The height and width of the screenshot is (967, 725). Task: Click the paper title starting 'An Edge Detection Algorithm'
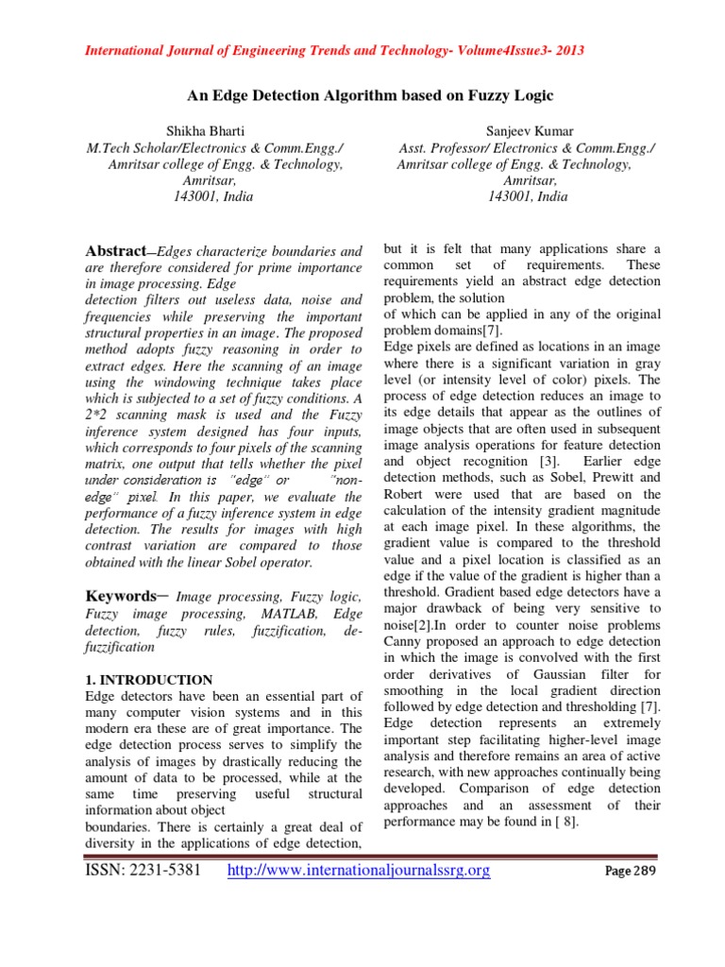tap(362, 95)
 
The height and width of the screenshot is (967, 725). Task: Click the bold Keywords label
tap(119, 596)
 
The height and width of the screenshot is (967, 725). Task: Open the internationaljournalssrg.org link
tap(361, 870)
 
